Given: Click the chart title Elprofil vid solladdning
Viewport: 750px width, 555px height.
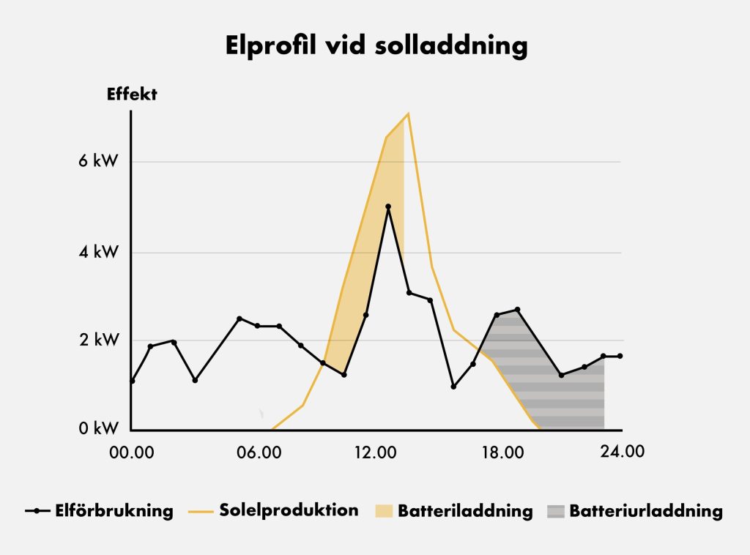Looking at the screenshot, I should (x=375, y=45).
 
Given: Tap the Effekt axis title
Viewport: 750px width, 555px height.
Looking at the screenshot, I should (x=133, y=94).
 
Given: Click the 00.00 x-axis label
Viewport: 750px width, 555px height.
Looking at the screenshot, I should (x=133, y=452).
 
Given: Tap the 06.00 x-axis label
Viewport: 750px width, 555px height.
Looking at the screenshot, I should (x=259, y=452).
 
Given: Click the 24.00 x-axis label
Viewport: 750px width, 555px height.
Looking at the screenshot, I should (x=622, y=451).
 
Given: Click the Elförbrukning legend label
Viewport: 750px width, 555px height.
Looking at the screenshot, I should (x=114, y=510).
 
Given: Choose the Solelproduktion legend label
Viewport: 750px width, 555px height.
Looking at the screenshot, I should (x=289, y=510).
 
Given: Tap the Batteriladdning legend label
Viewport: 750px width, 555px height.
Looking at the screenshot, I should (x=465, y=510).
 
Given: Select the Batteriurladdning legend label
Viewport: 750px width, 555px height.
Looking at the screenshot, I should (x=645, y=510).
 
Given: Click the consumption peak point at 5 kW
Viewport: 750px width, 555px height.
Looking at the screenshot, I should (x=388, y=206).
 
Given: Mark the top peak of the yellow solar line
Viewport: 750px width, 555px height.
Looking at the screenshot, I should (x=408, y=113).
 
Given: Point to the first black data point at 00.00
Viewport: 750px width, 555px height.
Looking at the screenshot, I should (x=132, y=381).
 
